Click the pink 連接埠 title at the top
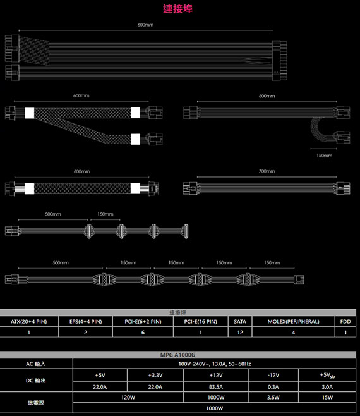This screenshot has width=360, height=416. click(177, 8)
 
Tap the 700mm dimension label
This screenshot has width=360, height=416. click(267, 171)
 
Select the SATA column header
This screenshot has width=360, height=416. click(240, 322)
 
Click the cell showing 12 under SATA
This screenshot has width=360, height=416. click(240, 333)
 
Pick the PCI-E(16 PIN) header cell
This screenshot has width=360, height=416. click(200, 322)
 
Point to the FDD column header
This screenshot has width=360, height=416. click(345, 322)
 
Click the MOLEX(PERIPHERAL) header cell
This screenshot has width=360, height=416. click(293, 322)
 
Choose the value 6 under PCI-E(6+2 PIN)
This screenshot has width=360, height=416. click(143, 333)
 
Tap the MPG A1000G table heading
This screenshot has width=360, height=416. click(177, 355)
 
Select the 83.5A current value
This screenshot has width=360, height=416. click(215, 387)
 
